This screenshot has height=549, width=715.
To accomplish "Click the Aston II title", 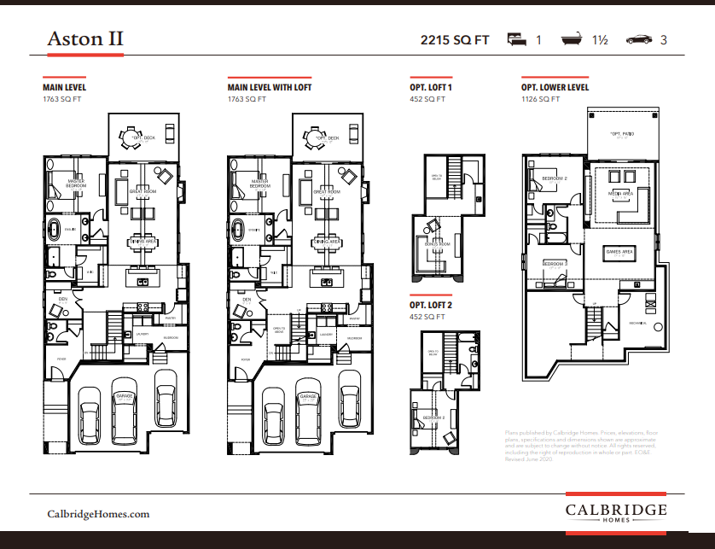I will click(84, 39).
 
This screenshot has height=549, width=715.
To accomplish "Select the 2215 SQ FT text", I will click(455, 40).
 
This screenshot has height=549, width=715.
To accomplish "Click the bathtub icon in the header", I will click(571, 39).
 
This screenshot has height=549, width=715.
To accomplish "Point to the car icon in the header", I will click(639, 39).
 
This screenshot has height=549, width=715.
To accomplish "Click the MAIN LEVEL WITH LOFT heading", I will click(269, 87).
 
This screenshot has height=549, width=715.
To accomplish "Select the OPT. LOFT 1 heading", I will click(431, 87).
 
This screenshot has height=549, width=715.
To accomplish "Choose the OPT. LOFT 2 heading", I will click(431, 305).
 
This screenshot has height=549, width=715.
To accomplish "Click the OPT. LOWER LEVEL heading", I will click(555, 87).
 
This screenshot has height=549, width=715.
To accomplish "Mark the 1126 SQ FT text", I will click(540, 99).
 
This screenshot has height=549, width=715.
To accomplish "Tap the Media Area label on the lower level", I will click(620, 194).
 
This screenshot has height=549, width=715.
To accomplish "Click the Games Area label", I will click(619, 252).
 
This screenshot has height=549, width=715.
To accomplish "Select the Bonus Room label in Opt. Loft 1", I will click(431, 244).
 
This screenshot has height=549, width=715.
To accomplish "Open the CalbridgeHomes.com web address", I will click(98, 513).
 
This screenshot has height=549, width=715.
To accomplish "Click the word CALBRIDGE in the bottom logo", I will click(616, 509).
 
